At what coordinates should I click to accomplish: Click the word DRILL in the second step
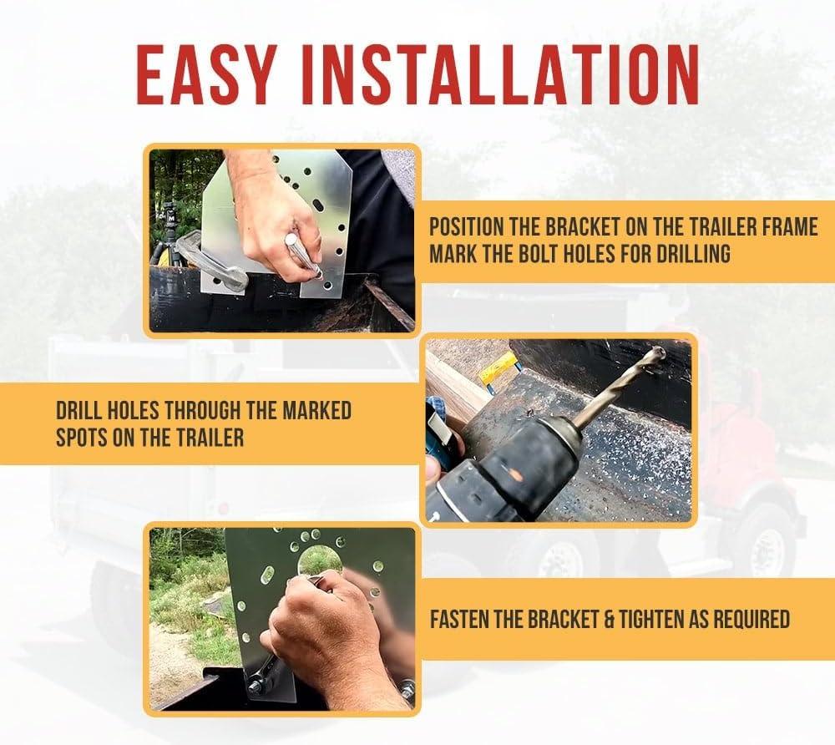[x=81, y=411]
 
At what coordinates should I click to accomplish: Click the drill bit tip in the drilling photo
[x=661, y=351]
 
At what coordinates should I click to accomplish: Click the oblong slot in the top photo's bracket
[x=317, y=205]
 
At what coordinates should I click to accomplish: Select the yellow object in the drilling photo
[x=499, y=372]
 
